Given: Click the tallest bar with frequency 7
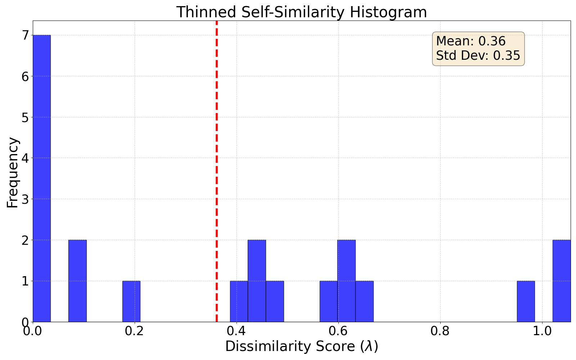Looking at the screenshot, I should point(42,178).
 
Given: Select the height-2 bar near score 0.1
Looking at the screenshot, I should point(77,281).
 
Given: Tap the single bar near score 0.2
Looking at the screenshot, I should point(131,301).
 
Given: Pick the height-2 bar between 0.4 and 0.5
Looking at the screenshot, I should point(257,281).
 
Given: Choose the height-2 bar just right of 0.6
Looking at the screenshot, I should point(346,281).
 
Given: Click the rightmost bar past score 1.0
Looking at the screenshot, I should point(562,281).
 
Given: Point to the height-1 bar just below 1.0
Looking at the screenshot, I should point(526,301).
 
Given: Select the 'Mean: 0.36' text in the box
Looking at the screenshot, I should point(471,41).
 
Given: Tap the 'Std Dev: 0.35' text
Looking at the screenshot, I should point(478,56).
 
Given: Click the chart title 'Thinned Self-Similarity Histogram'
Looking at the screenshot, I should point(301,12).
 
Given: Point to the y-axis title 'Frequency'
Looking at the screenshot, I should point(13,173).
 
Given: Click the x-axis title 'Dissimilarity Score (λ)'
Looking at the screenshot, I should point(301,347).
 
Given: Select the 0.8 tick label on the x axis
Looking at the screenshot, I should point(440,331).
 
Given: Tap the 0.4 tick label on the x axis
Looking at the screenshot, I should point(236,331).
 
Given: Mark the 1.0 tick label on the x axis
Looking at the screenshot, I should point(542,331).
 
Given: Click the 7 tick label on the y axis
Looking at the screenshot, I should point(25,35).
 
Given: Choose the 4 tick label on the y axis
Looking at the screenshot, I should point(25,158).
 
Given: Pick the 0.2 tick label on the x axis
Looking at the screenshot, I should point(134,331).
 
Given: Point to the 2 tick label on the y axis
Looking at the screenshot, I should point(25,240).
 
